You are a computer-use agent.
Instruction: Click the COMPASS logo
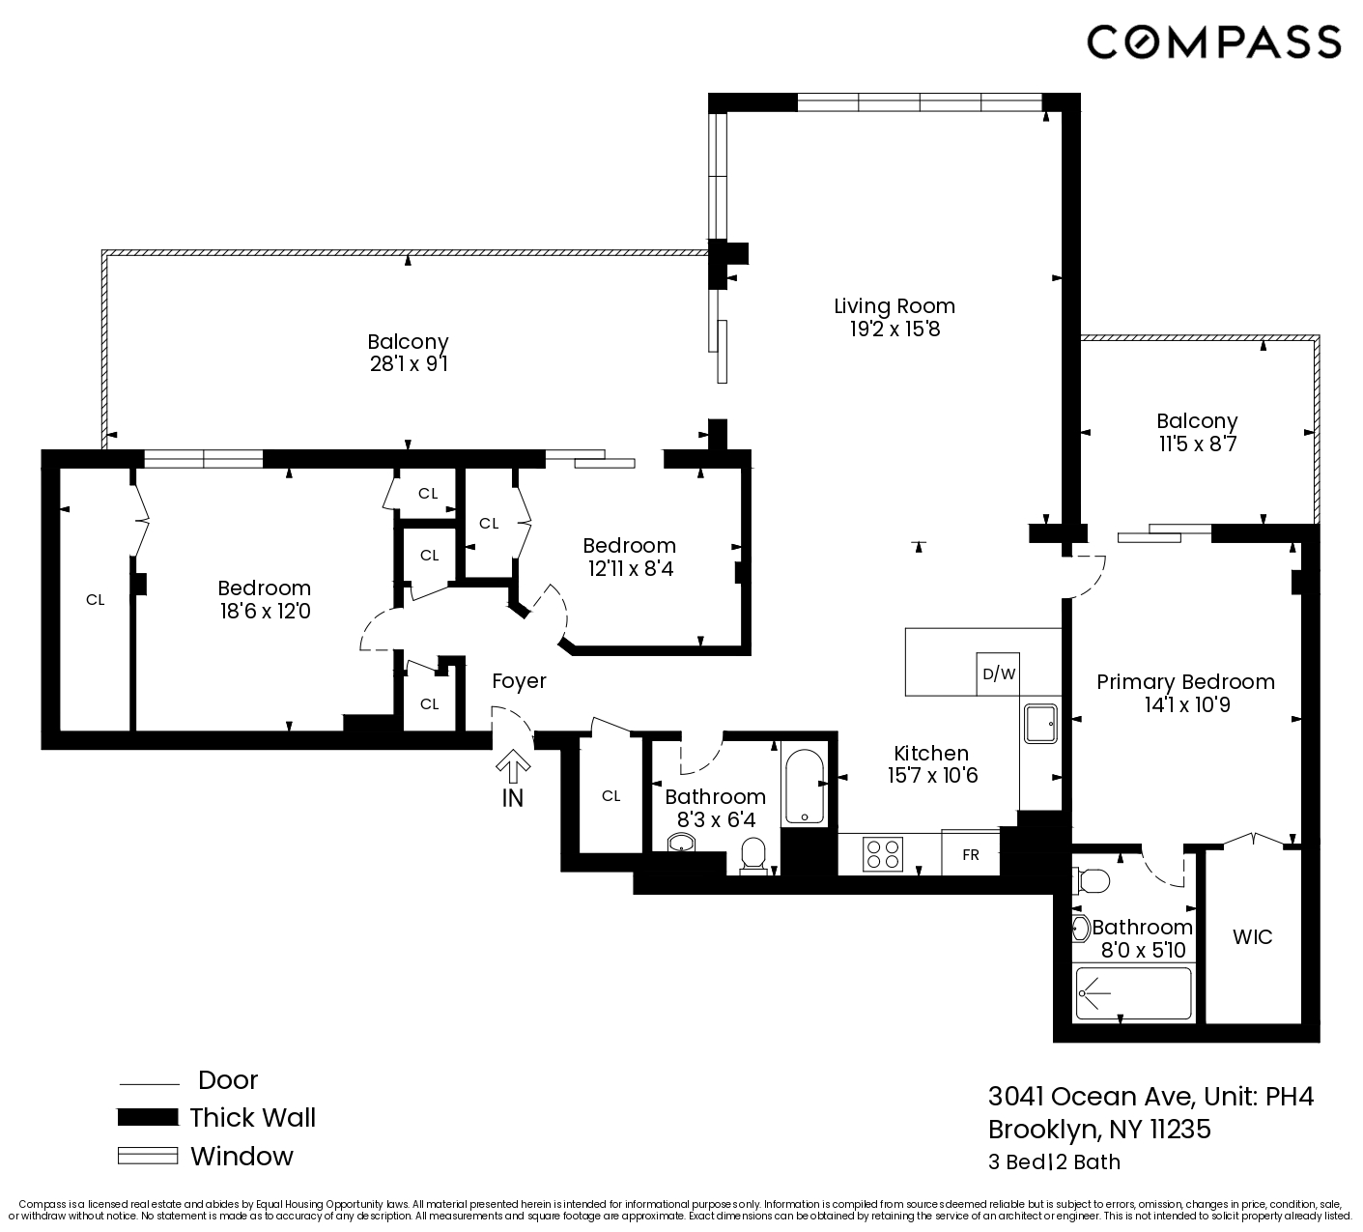pos(1213,43)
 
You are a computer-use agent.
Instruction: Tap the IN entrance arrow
pos(513,770)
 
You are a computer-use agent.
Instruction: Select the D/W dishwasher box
pos(999,673)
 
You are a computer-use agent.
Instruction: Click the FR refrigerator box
pos(970,854)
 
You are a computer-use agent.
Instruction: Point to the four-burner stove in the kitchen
pos(883,854)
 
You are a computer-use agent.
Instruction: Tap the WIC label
pos(1252,936)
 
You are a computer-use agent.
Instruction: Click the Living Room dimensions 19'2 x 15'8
pos(894,329)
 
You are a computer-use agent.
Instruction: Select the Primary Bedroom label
pos(1185,682)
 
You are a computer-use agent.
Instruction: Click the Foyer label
pos(519,681)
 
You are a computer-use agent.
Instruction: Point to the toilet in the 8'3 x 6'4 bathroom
pos(752,855)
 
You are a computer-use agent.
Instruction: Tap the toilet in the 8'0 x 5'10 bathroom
pos(1092,880)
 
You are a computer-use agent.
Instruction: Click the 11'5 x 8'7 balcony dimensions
pos(1197,444)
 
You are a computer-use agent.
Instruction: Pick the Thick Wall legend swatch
pos(147,1118)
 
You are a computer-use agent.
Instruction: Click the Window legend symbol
pos(147,1156)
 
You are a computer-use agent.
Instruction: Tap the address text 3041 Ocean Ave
pos(1091,1097)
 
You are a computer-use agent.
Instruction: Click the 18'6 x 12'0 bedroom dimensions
pos(264,612)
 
